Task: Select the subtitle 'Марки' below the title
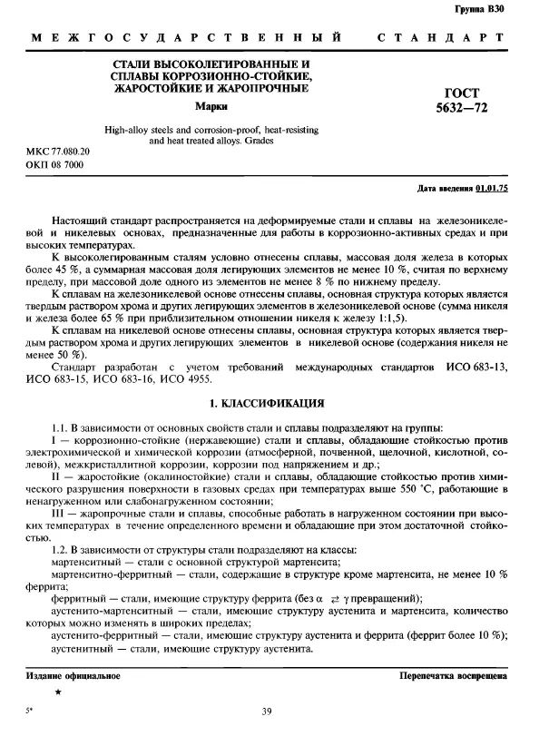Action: click(211, 107)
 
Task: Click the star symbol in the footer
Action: click(59, 692)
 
